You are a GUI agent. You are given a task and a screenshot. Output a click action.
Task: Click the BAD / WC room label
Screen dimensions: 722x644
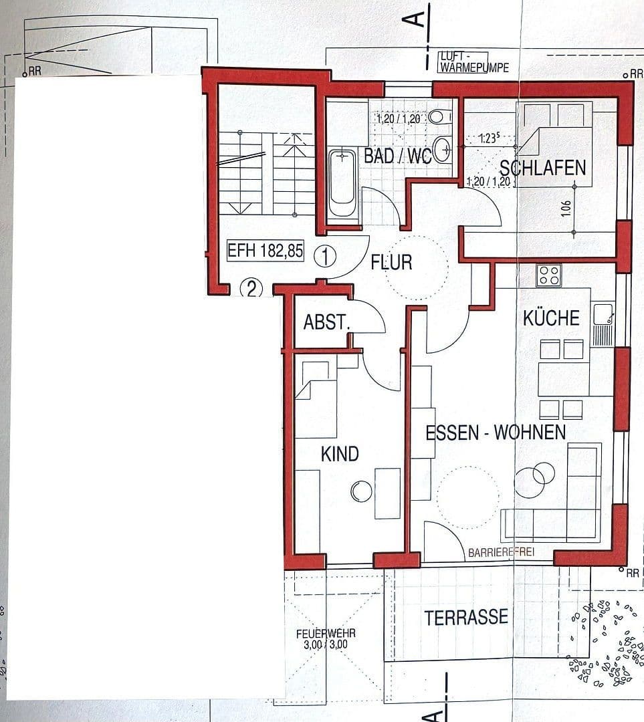pos(397,156)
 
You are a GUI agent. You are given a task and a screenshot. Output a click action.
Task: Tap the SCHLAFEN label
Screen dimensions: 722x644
pos(542,167)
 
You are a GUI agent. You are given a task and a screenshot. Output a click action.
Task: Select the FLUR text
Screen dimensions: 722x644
pos(391,263)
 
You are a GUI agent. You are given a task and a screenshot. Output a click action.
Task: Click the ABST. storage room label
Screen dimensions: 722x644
pos(326,322)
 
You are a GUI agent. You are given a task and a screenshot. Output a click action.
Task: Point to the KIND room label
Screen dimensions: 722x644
pos(340,454)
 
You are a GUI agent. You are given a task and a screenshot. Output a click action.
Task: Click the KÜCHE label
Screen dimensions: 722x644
pos(551,318)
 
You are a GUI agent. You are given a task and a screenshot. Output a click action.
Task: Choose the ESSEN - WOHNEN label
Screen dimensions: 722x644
pos(496,433)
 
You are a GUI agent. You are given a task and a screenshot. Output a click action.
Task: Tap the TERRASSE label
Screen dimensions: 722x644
pos(465,617)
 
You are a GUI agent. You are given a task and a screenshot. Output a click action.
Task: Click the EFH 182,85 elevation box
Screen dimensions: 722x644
pos(265,252)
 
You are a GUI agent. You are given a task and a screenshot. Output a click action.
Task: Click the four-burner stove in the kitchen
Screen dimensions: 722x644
pos(549,275)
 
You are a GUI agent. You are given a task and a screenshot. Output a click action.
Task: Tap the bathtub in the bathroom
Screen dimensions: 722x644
pos(342,182)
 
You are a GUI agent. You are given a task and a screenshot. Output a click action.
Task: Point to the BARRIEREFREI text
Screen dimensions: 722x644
pos(500,554)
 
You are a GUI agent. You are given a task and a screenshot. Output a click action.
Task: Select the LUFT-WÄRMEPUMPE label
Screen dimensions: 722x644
pos(473,63)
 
